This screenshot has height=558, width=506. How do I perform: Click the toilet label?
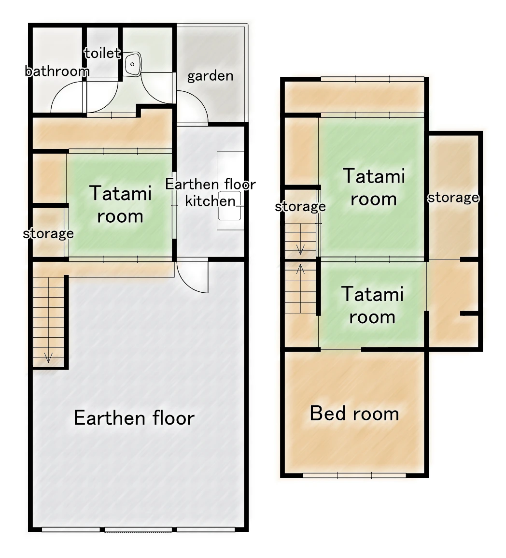[x=102, y=53]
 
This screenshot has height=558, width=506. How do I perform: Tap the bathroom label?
[x=57, y=72]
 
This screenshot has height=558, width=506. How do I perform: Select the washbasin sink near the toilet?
[x=133, y=64]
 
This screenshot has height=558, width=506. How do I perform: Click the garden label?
[x=210, y=76]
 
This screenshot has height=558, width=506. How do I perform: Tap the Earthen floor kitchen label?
[x=210, y=192]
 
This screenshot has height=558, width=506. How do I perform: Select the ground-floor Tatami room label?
[x=120, y=205]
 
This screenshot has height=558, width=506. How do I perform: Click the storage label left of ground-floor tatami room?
[x=48, y=234]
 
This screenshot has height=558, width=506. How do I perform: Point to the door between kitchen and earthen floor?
[x=192, y=277]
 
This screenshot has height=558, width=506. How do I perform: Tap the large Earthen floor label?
[x=134, y=418]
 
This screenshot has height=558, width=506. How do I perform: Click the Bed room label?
[x=354, y=414]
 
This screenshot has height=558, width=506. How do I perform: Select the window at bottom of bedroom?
[x=354, y=475]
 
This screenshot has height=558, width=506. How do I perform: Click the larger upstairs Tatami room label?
[x=373, y=187]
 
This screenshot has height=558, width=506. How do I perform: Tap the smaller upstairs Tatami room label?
[x=372, y=305]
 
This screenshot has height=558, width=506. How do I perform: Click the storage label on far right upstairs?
[x=453, y=197]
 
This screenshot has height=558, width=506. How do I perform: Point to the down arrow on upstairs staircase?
[x=300, y=249]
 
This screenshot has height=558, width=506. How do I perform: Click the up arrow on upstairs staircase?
[x=300, y=269]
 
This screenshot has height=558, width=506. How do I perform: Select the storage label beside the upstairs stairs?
[x=300, y=207]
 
